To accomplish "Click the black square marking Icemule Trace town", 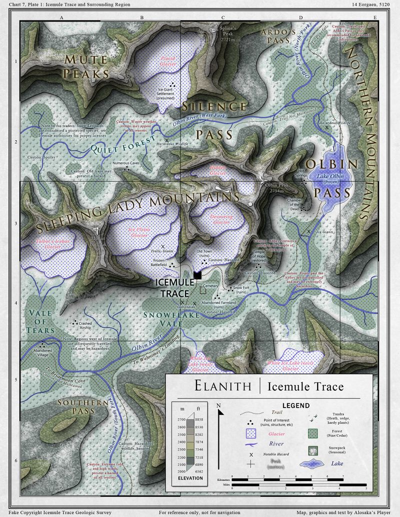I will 197,275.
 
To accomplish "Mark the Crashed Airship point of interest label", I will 84,325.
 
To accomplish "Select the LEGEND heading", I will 295,406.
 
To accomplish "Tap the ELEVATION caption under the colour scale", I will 187,478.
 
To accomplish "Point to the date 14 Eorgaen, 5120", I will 373,4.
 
